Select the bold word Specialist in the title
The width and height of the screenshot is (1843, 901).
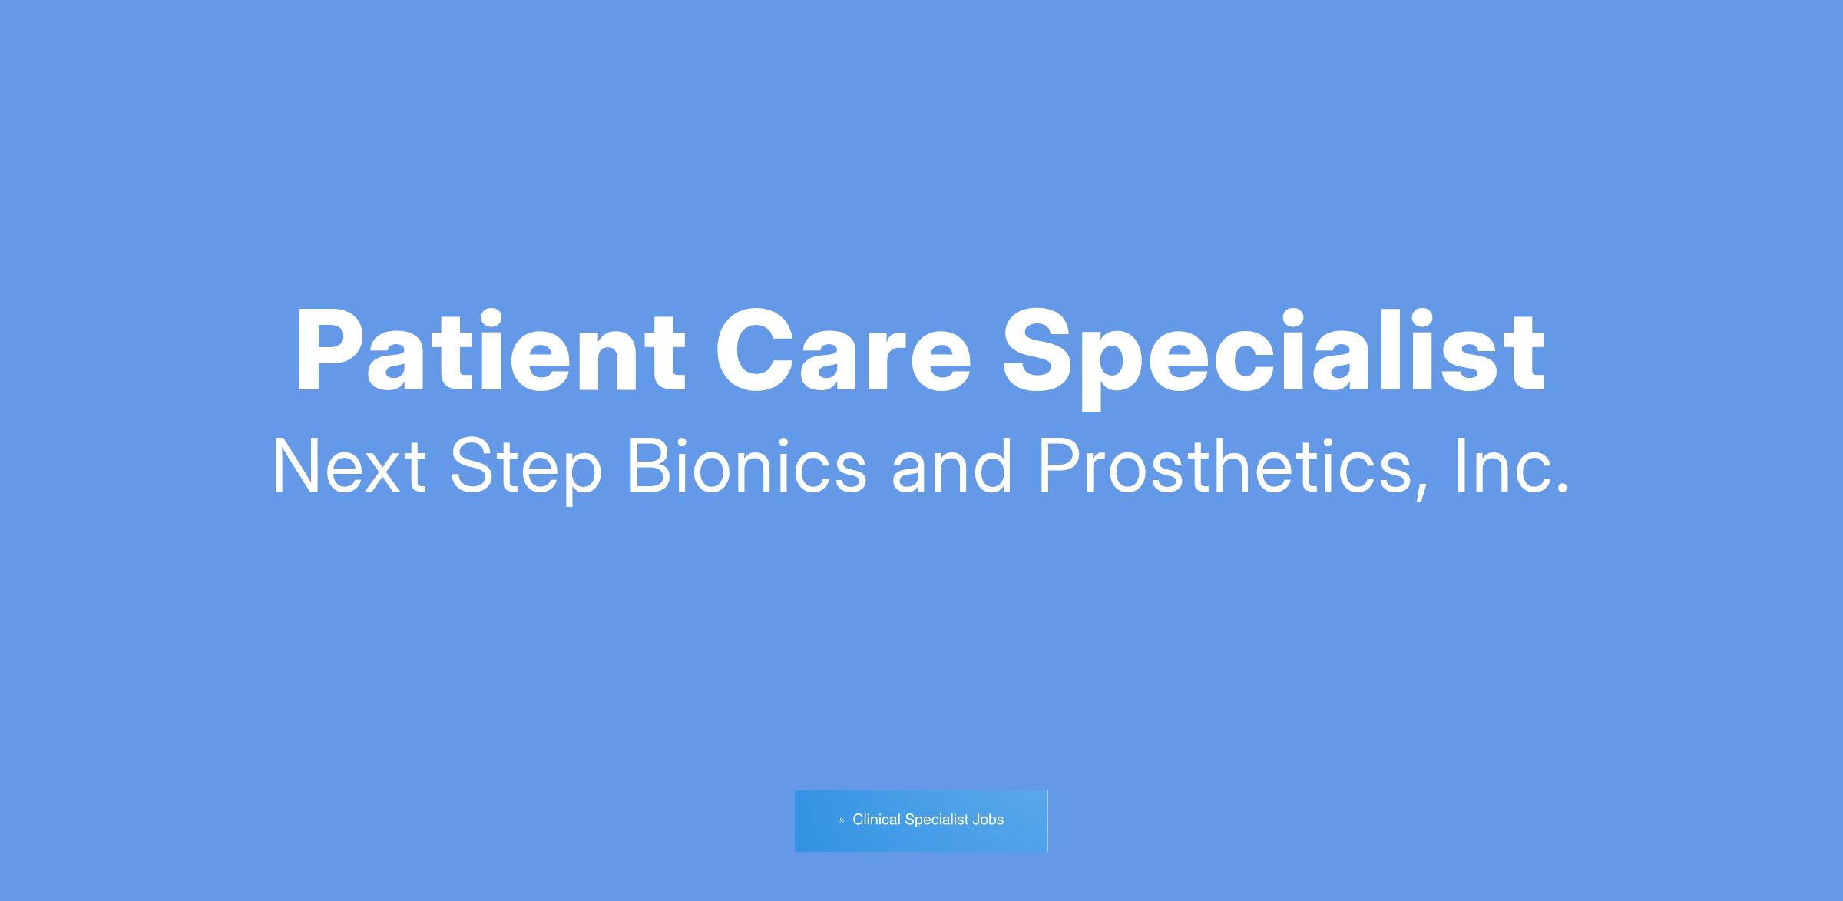point(1274,356)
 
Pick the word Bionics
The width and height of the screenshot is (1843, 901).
point(747,465)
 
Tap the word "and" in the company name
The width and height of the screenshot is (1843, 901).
point(951,465)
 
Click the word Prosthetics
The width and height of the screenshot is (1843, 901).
point(1223,465)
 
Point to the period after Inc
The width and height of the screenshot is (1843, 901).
point(1561,488)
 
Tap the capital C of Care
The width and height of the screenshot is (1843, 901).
point(758,351)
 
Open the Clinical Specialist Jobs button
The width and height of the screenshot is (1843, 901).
point(921,820)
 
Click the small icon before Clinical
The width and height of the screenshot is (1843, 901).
point(842,820)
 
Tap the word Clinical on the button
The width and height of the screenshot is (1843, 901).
point(876,820)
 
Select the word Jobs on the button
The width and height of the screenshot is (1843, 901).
point(988,820)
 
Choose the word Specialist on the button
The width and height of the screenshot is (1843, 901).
point(937,820)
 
